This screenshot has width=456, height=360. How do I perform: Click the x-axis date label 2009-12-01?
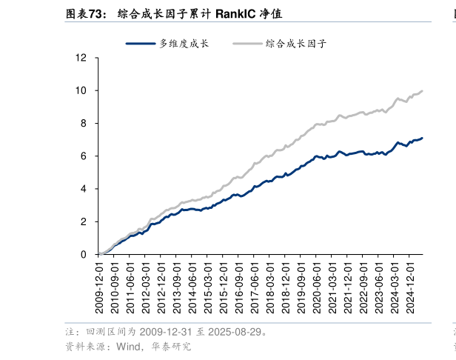100,290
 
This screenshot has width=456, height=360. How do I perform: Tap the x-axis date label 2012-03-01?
144,290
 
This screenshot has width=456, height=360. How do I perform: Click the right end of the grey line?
423,90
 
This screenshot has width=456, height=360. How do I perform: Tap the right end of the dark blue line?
423,138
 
